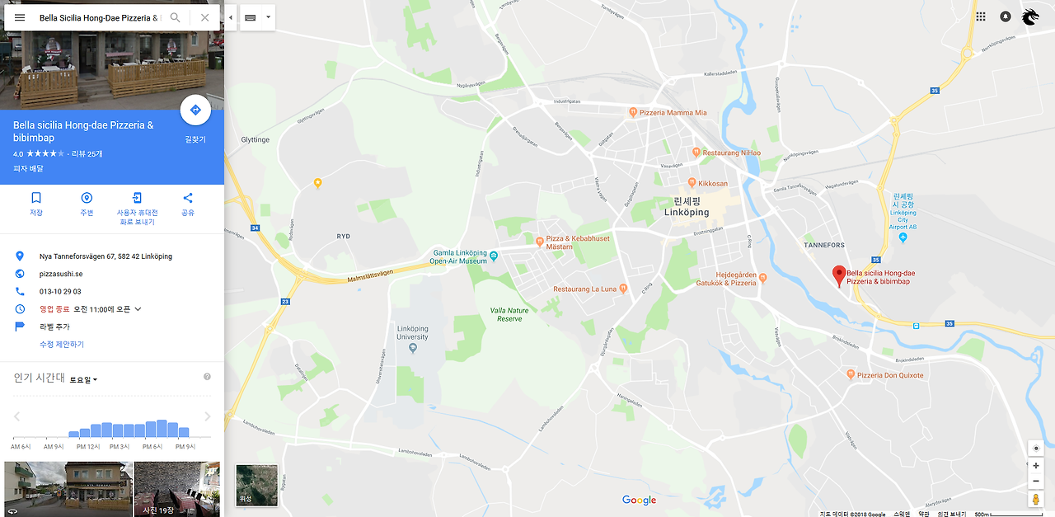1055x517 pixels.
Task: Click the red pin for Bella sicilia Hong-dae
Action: (x=839, y=275)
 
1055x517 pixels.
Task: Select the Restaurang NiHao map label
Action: (x=731, y=153)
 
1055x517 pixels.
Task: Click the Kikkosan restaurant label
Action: (x=713, y=183)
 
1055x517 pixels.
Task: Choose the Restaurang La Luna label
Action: (x=584, y=289)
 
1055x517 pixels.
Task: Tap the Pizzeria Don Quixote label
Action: (x=890, y=375)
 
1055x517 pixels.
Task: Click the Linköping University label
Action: (x=412, y=333)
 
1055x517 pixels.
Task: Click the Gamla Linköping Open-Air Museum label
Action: (x=460, y=256)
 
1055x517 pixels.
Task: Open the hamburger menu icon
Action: (x=20, y=17)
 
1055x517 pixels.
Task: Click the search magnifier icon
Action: (x=175, y=17)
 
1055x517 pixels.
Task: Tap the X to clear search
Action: (x=204, y=17)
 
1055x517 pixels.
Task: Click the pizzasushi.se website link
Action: (x=61, y=274)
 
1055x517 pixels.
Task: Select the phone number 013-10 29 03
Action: (x=60, y=291)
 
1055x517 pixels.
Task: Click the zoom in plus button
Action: (x=1036, y=466)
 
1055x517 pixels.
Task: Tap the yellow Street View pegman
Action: (x=1036, y=500)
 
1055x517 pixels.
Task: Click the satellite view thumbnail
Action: (x=256, y=484)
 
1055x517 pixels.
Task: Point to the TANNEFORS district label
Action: (x=825, y=245)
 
